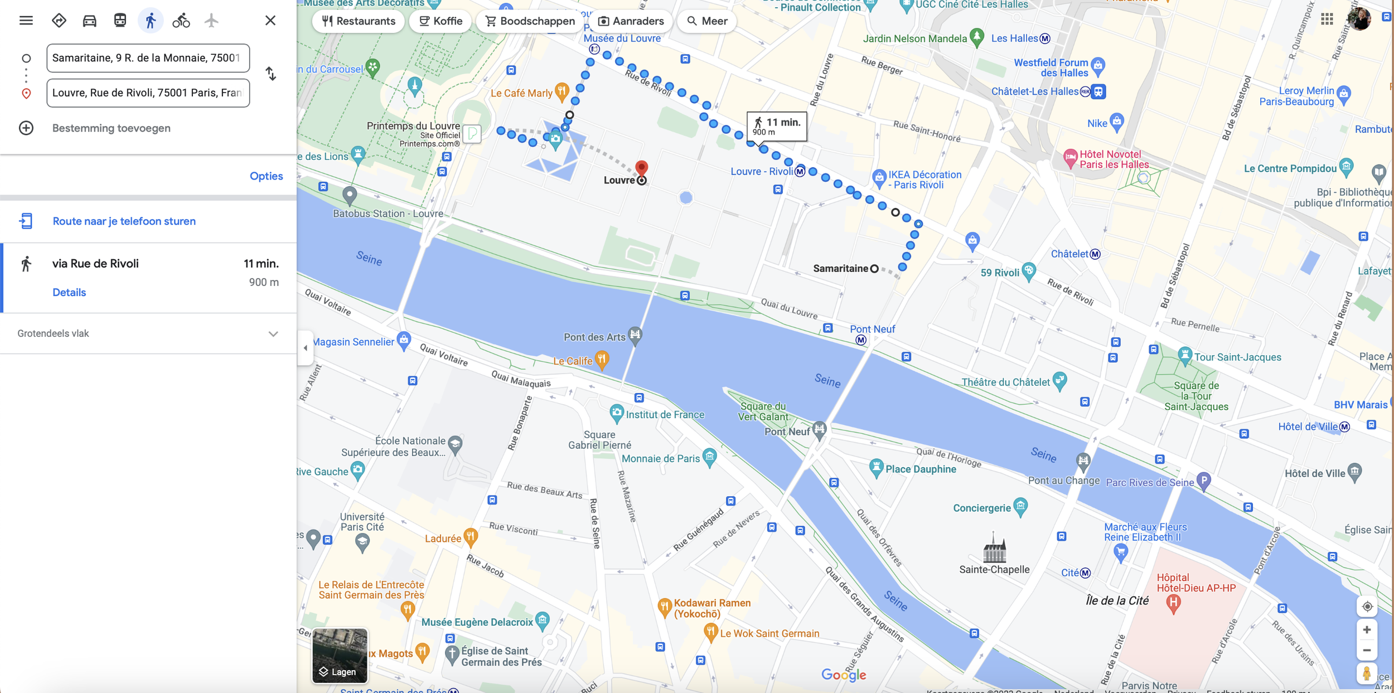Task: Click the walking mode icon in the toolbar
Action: (x=151, y=21)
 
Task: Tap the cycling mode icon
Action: (x=181, y=21)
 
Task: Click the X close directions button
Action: (x=270, y=21)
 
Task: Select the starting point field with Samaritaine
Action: (x=148, y=58)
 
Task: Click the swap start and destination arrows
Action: (x=271, y=74)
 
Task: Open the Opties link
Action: (x=266, y=176)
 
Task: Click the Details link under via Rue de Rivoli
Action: (x=69, y=292)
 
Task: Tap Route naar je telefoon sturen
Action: (x=124, y=221)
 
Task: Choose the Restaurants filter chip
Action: (x=359, y=21)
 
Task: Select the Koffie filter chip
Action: (x=441, y=21)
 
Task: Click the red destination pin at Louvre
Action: (x=642, y=168)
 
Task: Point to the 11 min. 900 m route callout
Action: (x=777, y=126)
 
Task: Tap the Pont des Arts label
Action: (x=594, y=337)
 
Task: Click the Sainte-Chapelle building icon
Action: (x=994, y=549)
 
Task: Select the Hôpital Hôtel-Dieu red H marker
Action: (x=1173, y=602)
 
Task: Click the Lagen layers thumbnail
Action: (x=340, y=655)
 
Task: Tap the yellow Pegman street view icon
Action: (x=1366, y=673)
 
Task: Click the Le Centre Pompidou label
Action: (x=1290, y=168)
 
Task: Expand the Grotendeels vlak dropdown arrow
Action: (x=273, y=334)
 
